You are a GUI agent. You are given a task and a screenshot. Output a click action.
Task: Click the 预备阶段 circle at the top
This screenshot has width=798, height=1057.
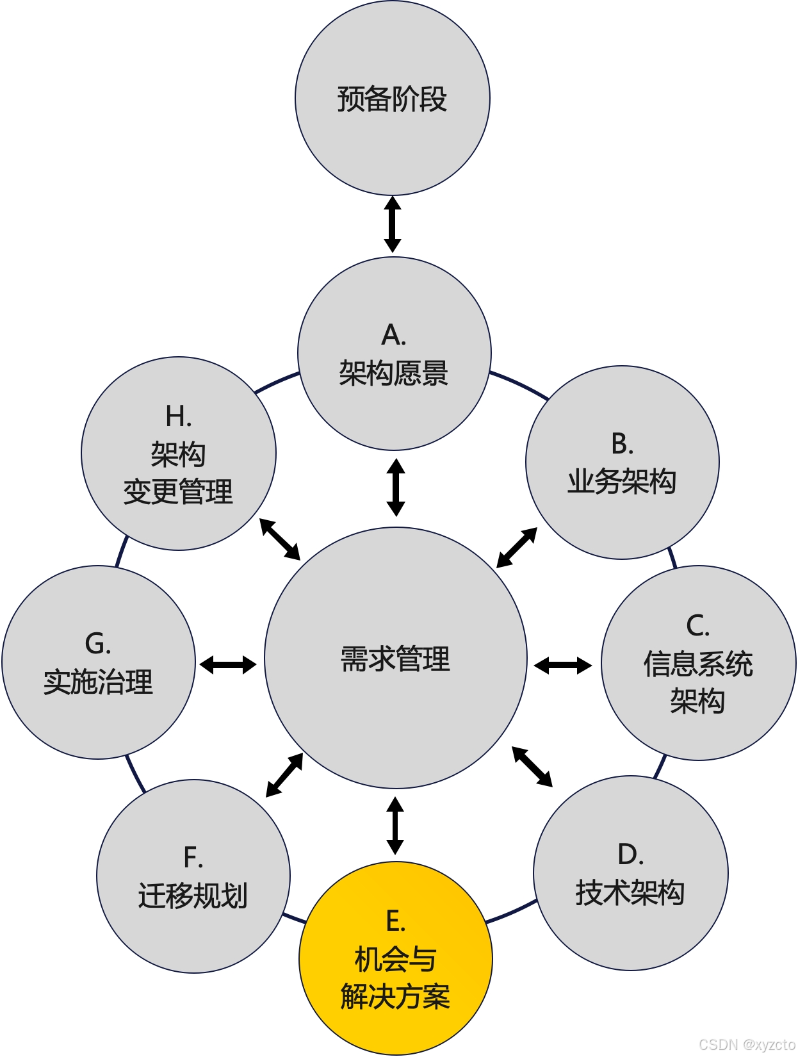coord(392,99)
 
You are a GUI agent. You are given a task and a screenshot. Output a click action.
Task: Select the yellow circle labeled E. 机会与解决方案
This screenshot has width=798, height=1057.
coord(395,958)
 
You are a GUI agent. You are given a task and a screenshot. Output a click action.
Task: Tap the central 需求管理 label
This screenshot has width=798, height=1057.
coord(395,659)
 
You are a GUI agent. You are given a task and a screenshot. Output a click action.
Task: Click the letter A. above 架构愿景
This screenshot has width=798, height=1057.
coord(394,334)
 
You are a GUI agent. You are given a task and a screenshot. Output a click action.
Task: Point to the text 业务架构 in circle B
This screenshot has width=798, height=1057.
coord(621,482)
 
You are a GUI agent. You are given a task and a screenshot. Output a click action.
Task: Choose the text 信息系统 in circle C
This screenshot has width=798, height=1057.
coord(697,664)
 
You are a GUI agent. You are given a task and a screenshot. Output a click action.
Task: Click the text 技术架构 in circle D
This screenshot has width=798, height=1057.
coord(630,892)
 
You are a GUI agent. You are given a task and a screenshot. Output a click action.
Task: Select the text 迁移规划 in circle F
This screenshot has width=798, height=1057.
coord(193,896)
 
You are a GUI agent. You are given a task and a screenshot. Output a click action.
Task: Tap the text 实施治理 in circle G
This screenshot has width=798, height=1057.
coord(98,682)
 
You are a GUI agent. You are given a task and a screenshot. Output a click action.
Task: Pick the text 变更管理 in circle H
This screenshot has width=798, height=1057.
coord(178,492)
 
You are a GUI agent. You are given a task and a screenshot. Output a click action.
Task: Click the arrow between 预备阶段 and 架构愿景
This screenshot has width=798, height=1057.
coord(393,224)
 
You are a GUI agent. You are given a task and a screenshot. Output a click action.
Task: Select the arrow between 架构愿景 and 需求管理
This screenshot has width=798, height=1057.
coord(396,487)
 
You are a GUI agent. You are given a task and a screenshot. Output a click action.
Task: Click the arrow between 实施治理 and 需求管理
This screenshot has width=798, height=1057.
coord(228,664)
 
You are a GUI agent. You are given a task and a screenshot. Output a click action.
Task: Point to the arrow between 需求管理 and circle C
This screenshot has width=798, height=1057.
coord(563,666)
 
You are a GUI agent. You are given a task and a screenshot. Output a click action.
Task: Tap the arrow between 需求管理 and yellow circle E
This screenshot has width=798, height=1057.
coord(395,825)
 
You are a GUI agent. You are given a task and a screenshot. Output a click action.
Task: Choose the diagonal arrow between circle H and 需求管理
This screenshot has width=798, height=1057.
coord(280,539)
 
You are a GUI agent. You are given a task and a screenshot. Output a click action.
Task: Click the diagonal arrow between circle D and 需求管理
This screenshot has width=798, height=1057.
coord(532,766)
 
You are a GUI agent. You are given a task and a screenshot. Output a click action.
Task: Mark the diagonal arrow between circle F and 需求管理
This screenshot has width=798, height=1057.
coord(284,775)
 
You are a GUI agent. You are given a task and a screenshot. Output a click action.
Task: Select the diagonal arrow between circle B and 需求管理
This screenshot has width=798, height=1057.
coord(517,547)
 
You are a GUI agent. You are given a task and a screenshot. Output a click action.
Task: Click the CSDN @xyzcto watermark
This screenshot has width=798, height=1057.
coord(747,1044)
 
